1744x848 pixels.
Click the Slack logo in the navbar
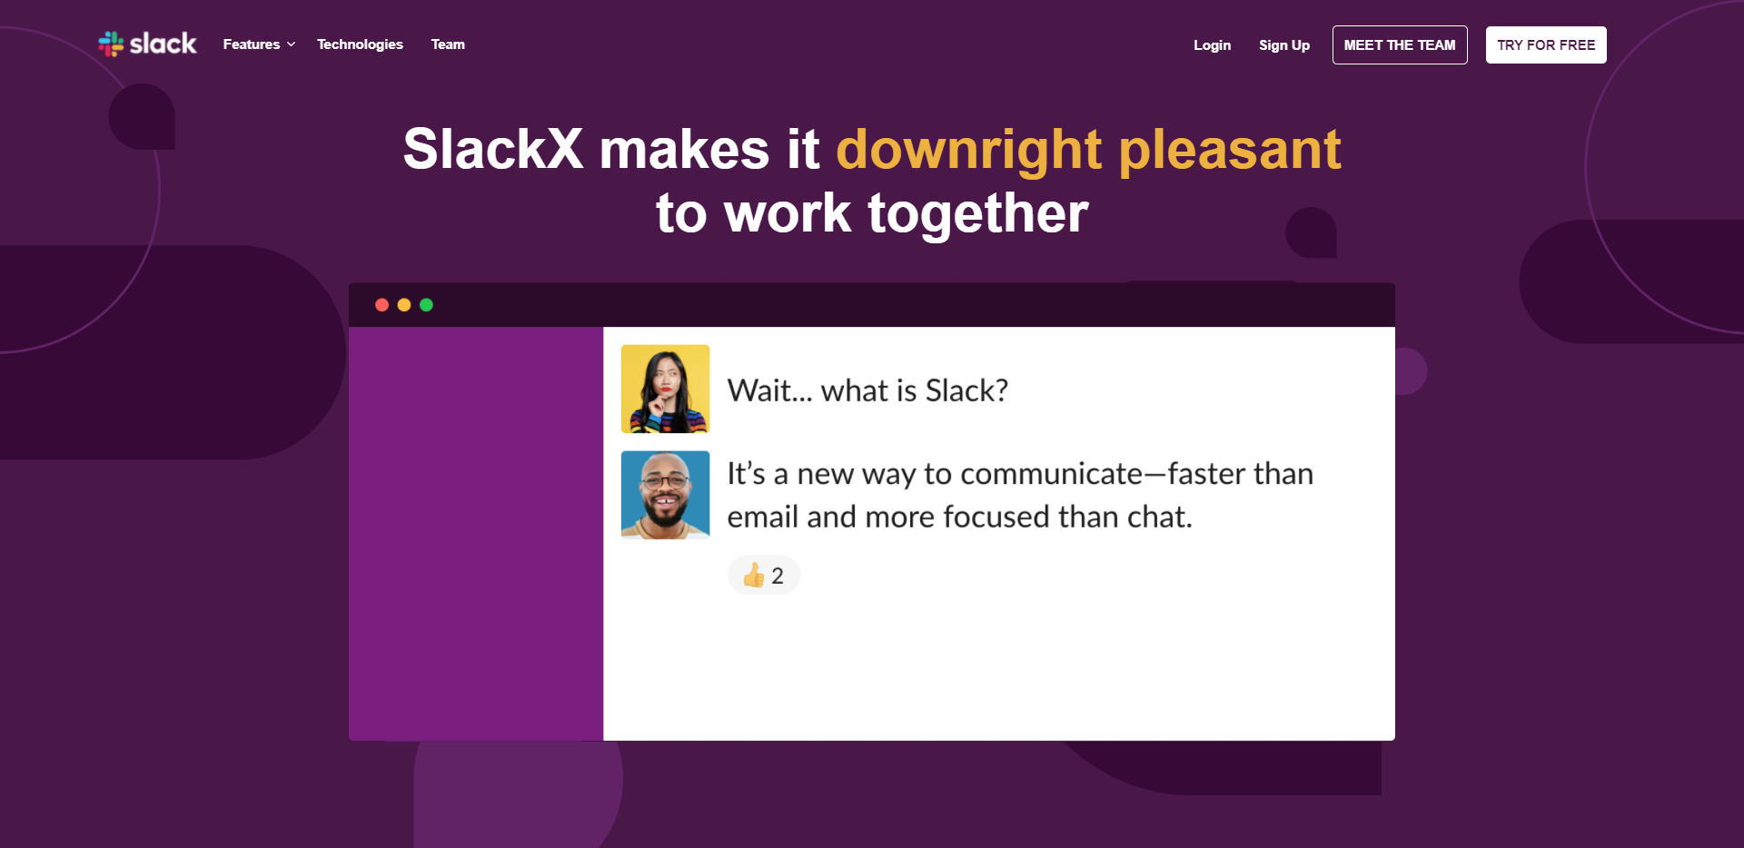click(147, 44)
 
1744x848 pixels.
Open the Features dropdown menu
click(259, 44)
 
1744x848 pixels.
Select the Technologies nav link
click(360, 44)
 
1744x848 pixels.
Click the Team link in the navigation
click(448, 44)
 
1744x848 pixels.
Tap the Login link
click(1212, 45)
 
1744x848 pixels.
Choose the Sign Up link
click(1284, 45)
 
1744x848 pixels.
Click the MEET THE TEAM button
click(1400, 45)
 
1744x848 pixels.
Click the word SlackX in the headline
click(493, 149)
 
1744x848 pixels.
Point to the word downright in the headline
click(969, 151)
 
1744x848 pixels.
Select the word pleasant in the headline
click(1230, 151)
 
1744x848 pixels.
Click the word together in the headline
click(978, 215)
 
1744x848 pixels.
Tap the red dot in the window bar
click(382, 305)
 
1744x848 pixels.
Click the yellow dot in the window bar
click(404, 305)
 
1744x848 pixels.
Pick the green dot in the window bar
click(426, 305)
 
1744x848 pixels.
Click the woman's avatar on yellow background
click(665, 389)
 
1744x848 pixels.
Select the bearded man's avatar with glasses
click(665, 495)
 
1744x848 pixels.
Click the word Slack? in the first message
click(966, 390)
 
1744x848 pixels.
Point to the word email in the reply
click(763, 517)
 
